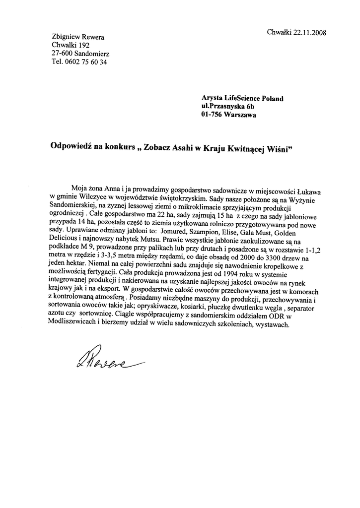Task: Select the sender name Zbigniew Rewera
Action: click(x=78, y=37)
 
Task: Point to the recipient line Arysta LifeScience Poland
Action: click(x=242, y=98)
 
